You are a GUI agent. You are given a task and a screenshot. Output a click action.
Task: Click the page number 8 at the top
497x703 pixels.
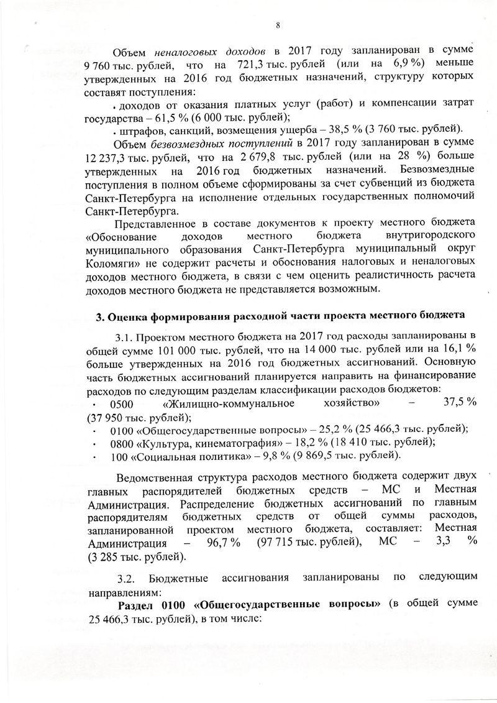tap(278, 25)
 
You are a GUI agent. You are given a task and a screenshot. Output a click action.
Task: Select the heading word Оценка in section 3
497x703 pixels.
tap(127, 316)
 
